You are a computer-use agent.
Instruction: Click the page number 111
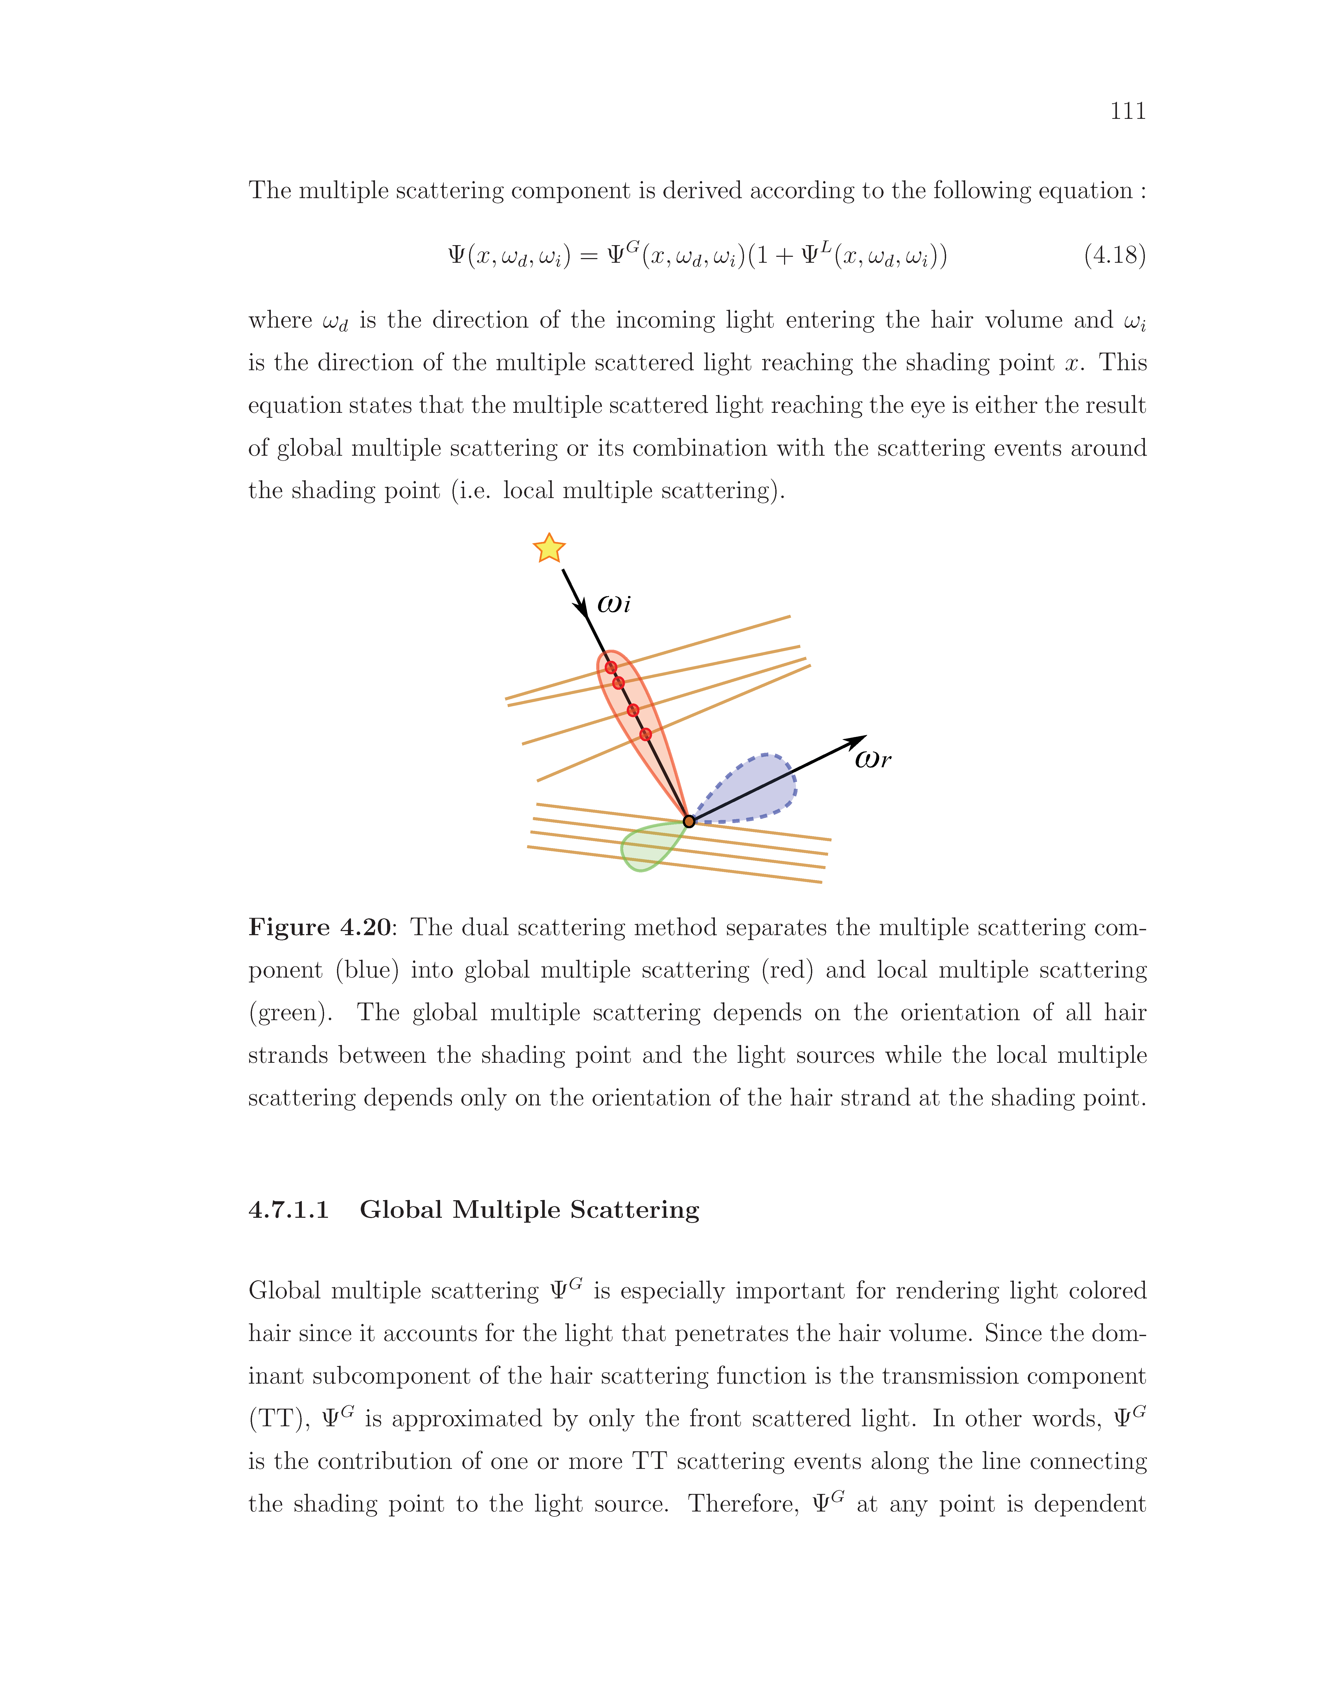coord(1128,112)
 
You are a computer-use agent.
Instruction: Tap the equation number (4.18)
coord(1114,255)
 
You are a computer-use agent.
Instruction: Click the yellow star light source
coord(549,549)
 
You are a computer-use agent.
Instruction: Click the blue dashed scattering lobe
coord(754,788)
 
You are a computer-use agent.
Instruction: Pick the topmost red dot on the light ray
coord(611,668)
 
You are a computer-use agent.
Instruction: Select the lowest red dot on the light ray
coord(645,734)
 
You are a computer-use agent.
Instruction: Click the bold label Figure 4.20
coord(319,927)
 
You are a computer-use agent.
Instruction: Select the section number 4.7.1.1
coord(288,1210)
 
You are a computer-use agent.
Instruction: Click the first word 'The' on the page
coord(269,190)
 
